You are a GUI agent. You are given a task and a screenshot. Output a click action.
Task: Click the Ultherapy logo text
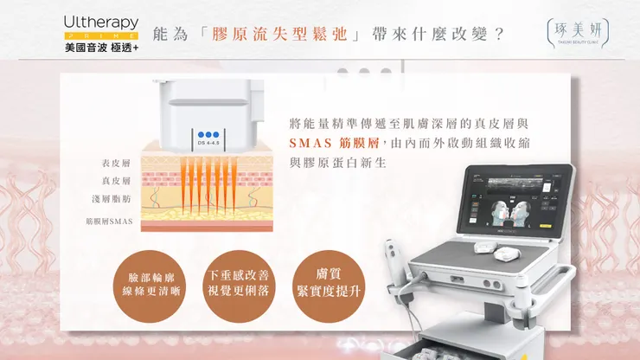pyautogui.click(x=99, y=20)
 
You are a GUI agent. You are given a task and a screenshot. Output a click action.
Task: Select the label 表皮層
pyautogui.click(x=115, y=164)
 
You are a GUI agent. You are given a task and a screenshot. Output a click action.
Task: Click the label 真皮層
pyautogui.click(x=115, y=181)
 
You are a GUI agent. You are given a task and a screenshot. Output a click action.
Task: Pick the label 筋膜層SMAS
pyautogui.click(x=108, y=221)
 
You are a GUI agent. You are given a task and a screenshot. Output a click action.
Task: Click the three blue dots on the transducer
pyautogui.click(x=208, y=134)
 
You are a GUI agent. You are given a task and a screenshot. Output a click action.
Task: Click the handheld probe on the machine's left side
pyautogui.click(x=392, y=260)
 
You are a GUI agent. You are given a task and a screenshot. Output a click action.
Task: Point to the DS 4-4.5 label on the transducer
pyautogui.click(x=208, y=144)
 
